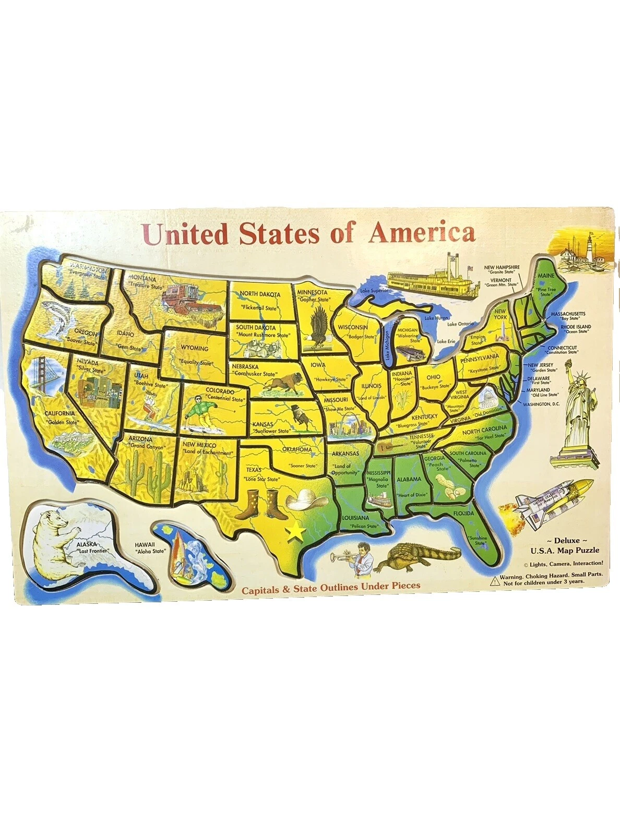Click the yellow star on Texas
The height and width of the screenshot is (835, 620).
295,531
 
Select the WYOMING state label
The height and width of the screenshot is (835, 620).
194,348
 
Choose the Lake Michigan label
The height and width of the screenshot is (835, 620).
387,347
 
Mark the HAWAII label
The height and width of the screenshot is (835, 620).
145,544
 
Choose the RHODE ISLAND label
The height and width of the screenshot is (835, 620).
576,327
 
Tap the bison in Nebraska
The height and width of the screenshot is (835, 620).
282,385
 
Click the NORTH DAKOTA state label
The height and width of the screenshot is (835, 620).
260,294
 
